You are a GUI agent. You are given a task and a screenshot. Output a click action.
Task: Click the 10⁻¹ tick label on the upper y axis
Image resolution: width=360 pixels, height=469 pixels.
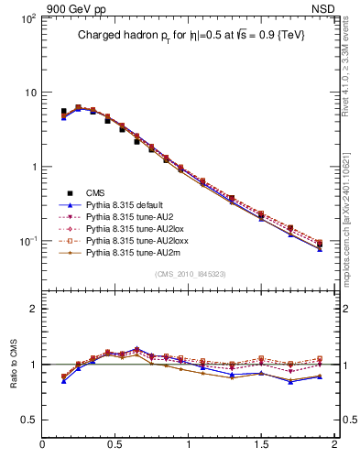[x=26, y=242]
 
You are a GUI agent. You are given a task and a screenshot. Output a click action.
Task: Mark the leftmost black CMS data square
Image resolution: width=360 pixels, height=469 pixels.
[x=63, y=112]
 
